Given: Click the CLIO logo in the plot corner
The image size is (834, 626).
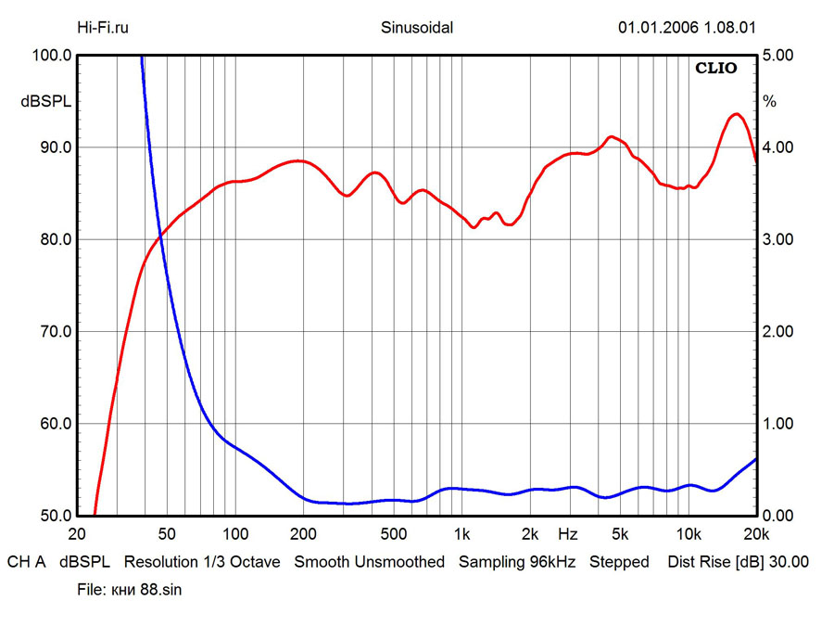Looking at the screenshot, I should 716,68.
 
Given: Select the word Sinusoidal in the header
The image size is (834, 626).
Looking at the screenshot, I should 417,27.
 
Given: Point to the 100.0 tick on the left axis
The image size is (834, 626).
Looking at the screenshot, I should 51,56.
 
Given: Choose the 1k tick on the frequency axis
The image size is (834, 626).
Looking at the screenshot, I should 461,534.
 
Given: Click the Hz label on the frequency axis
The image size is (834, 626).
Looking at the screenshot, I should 567,534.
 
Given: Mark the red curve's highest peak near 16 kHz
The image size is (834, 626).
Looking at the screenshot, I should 736,114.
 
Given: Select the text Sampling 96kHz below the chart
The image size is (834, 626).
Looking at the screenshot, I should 518,562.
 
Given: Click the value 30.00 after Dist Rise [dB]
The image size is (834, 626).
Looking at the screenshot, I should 790,562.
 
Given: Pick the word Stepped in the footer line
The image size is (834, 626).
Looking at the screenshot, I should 619,562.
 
